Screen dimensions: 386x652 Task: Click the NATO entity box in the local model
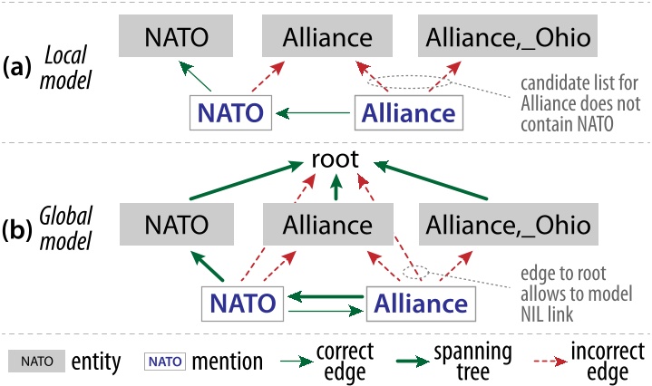coord(176,38)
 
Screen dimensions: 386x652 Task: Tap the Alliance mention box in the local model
coord(407,113)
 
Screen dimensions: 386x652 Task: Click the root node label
coord(336,160)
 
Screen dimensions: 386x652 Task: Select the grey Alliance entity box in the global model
coord(327,225)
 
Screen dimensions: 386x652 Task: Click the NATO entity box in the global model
coord(176,225)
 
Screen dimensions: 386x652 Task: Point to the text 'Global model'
coord(70,228)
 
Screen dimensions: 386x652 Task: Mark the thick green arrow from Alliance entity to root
coord(336,188)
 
